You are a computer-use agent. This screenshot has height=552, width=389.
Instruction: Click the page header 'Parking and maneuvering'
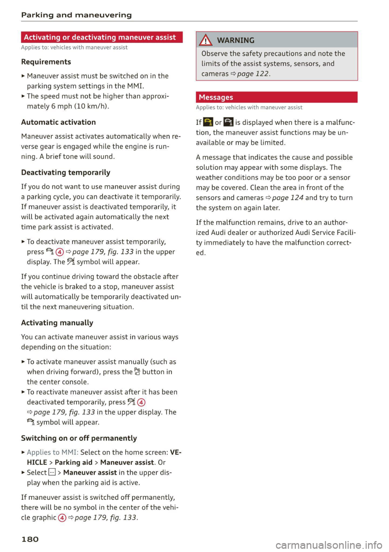[76, 15]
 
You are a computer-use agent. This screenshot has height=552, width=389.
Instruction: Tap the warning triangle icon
[206, 40]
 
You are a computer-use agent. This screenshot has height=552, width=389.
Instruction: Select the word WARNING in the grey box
[236, 40]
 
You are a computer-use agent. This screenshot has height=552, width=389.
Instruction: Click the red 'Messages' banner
[216, 97]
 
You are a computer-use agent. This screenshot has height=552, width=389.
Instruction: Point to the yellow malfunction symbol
[208, 122]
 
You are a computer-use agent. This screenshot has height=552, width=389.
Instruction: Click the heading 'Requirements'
[46, 62]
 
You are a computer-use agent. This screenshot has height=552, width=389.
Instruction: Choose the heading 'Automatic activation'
[58, 122]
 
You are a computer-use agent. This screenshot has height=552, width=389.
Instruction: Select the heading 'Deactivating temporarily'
[66, 173]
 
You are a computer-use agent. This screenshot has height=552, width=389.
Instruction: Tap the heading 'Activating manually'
[57, 323]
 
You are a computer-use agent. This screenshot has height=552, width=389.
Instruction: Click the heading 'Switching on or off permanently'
[79, 438]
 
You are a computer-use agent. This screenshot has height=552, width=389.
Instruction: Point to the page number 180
[30, 539]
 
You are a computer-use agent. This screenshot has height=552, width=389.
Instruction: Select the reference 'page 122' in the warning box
[252, 74]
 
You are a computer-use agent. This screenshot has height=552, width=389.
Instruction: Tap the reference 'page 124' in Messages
[287, 198]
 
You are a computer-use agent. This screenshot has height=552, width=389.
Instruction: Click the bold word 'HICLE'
[37, 462]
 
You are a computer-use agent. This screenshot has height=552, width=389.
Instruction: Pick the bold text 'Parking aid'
[74, 462]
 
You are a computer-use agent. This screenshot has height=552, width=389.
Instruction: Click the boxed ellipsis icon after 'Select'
[52, 472]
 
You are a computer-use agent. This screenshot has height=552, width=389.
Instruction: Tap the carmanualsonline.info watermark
[329, 545]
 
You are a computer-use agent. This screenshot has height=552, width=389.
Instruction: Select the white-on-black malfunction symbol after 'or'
[229, 122]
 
